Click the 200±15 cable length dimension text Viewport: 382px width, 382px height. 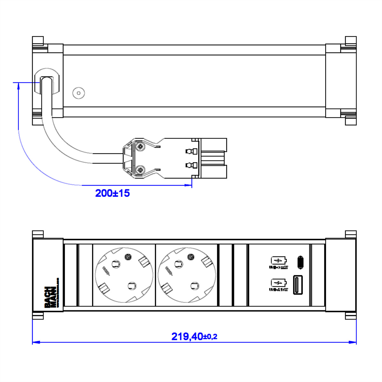112,193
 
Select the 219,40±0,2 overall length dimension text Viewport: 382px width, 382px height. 194,336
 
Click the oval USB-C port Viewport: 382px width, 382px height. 300,262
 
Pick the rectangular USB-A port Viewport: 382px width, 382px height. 298,284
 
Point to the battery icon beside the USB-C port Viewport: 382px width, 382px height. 279,261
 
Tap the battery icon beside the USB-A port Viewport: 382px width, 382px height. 279,283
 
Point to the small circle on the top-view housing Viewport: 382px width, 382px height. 78,93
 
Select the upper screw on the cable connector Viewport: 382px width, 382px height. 139,147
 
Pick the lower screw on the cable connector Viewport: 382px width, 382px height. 139,170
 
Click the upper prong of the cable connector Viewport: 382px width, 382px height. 214,145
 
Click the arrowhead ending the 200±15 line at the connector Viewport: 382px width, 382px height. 188,185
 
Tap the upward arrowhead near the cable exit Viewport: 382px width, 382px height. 18,85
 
